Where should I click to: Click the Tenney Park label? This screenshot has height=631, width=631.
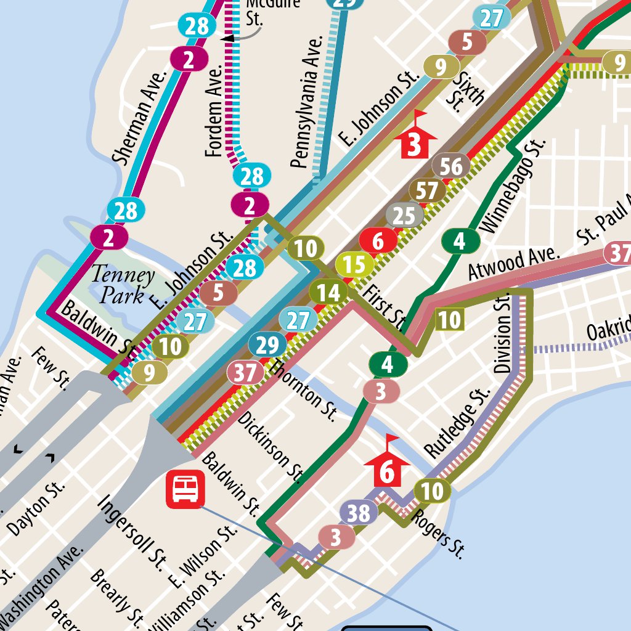(x=123, y=285)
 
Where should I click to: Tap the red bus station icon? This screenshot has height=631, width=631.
(x=185, y=491)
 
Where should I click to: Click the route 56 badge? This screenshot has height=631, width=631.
(x=451, y=166)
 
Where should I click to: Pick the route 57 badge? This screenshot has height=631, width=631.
(x=427, y=192)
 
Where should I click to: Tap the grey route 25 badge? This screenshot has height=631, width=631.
(x=404, y=216)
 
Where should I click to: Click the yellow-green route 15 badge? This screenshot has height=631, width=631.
(x=354, y=265)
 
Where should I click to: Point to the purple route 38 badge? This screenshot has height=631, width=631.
(x=358, y=513)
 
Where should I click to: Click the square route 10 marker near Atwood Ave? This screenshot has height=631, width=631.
(x=449, y=320)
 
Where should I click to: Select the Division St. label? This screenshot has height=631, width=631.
(x=503, y=333)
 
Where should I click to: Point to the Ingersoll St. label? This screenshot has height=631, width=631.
(x=132, y=530)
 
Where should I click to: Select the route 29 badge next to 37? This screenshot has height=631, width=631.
(x=267, y=346)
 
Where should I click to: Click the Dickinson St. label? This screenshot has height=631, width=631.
(x=271, y=446)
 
